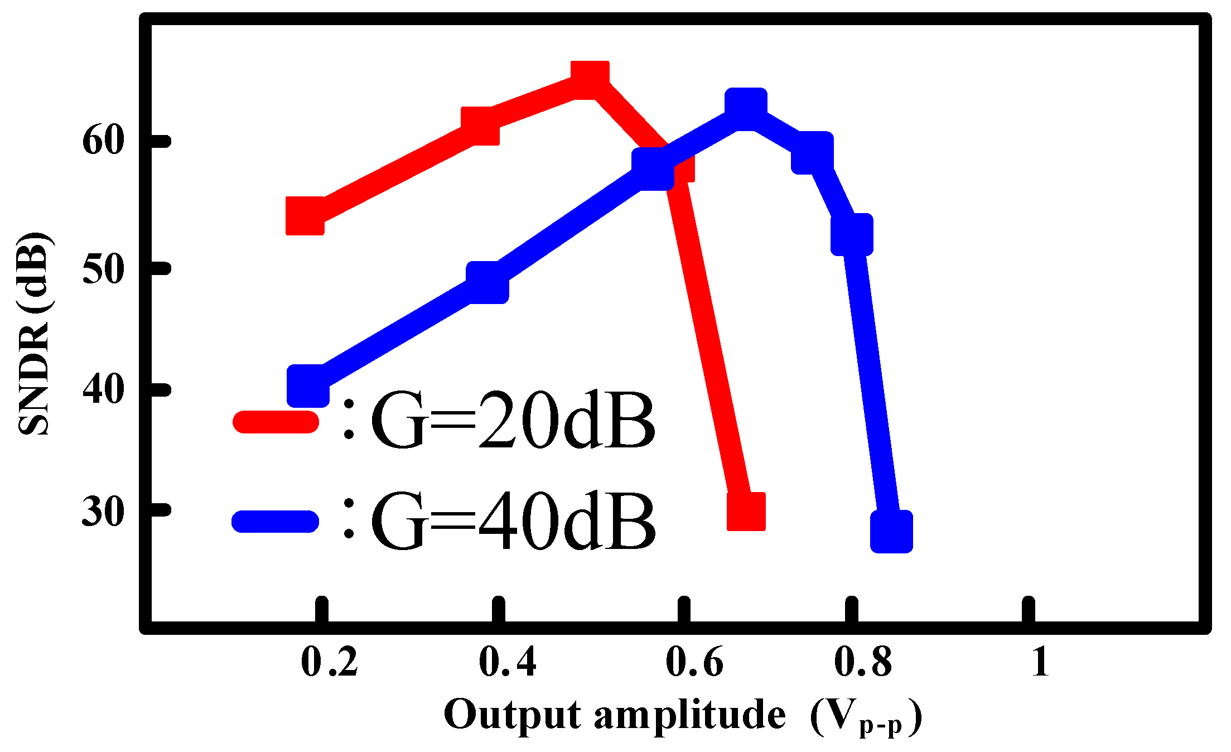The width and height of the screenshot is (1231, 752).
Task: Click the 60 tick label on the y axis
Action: click(102, 141)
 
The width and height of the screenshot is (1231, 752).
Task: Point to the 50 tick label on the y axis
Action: click(102, 269)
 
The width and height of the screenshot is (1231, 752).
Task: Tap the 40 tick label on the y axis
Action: click(102, 389)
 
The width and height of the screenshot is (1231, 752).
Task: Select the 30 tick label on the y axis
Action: click(102, 511)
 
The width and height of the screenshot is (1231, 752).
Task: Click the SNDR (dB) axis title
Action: click(35, 333)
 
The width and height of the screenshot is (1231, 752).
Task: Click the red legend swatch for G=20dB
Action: click(276, 422)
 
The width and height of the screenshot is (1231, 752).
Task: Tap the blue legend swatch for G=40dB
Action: click(276, 521)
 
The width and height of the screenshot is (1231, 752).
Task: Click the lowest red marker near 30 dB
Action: click(746, 511)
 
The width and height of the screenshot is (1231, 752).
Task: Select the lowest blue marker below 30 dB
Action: click(891, 531)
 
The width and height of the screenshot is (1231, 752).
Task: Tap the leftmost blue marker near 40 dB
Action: click(308, 386)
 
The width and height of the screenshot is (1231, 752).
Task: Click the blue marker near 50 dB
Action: click(487, 283)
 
